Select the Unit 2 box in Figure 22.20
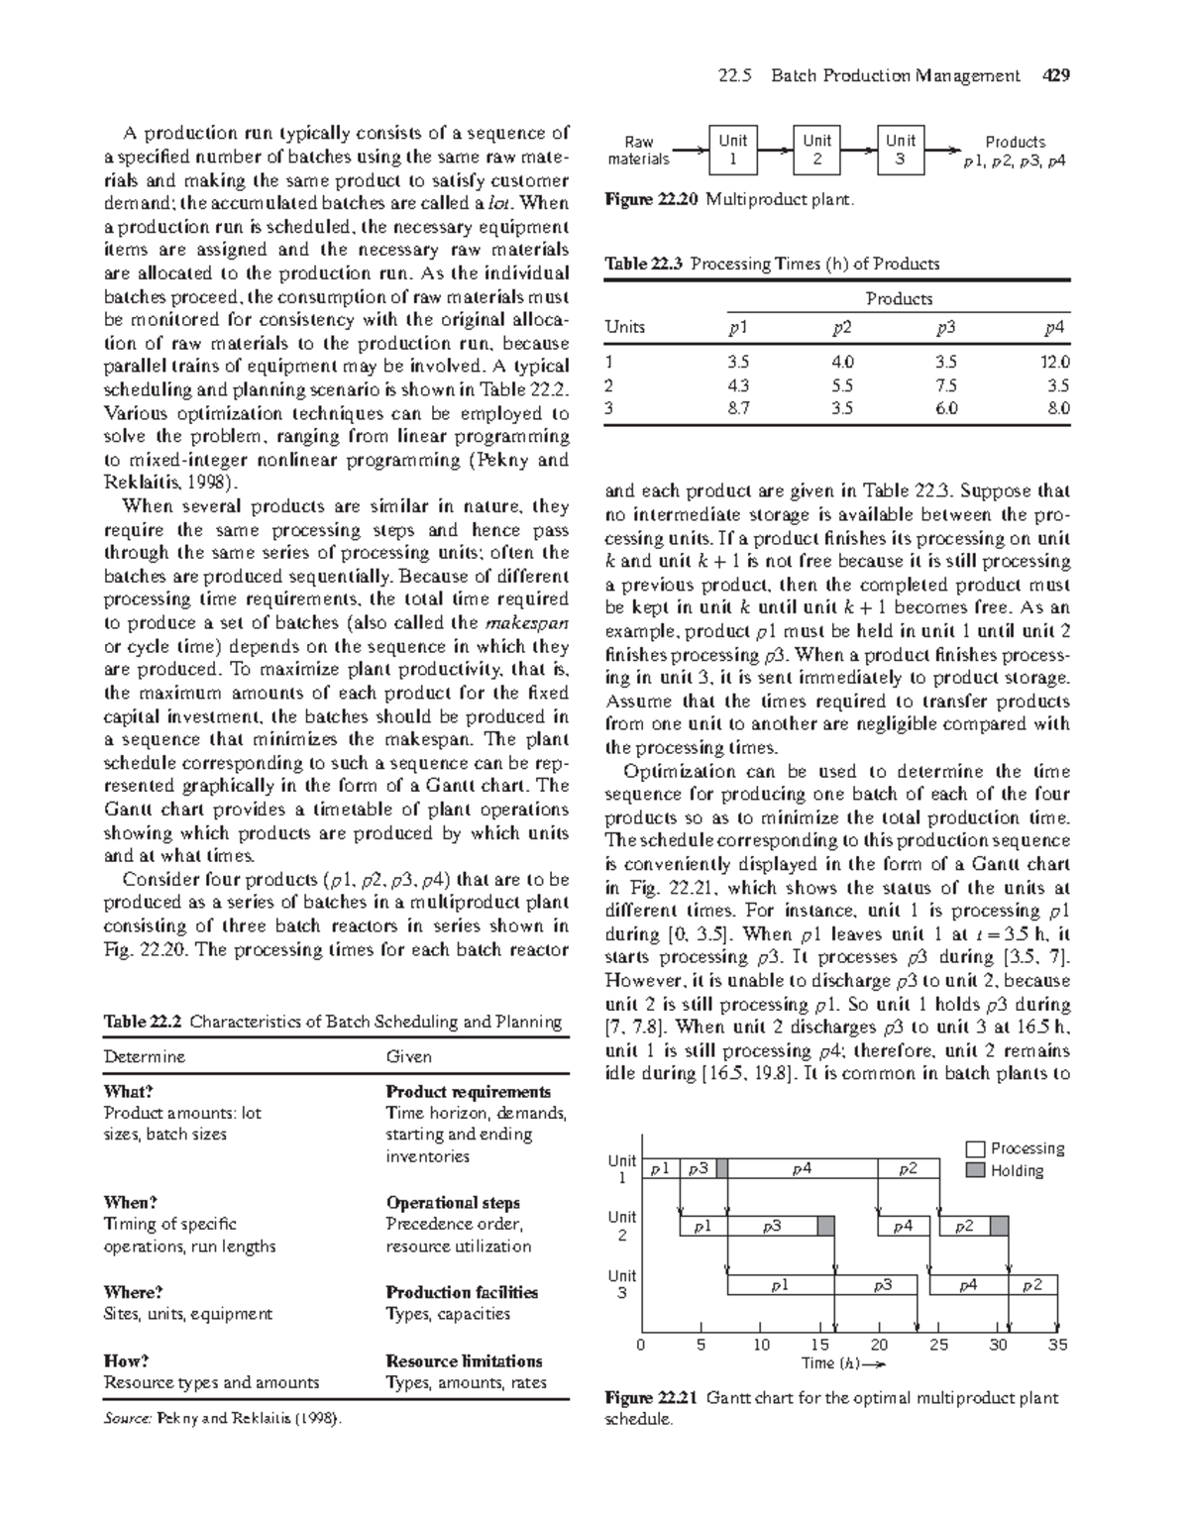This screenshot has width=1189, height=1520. (817, 150)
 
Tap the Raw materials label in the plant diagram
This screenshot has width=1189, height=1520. (638, 151)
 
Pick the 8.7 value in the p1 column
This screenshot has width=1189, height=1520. (738, 407)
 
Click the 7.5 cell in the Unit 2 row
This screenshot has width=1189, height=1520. (946, 385)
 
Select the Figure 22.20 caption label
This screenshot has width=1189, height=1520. (652, 200)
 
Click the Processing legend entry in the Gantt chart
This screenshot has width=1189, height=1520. (1027, 1148)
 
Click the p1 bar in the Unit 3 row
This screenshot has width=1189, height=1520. (780, 1285)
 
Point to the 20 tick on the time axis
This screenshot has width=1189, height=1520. (879, 1345)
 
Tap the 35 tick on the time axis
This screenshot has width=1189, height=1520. (1058, 1345)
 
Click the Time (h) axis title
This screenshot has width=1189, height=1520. (840, 1363)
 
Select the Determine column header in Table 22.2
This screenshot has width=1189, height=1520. (145, 1056)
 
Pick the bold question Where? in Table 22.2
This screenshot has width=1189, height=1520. (133, 1292)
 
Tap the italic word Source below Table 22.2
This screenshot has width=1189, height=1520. (127, 1418)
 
